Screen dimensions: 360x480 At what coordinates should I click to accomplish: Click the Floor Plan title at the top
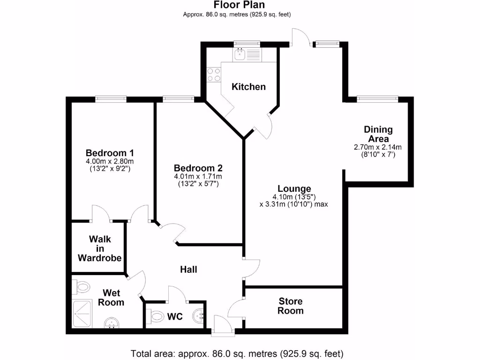tap(239, 5)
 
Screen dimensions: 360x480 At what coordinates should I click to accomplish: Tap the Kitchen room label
tap(248, 87)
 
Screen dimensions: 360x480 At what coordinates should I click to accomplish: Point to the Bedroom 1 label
tap(110, 153)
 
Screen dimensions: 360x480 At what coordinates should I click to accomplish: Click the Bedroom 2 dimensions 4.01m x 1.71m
tap(198, 176)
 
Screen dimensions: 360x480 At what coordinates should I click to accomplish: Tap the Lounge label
tap(293, 189)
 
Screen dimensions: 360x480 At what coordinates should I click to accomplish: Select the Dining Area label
tap(378, 134)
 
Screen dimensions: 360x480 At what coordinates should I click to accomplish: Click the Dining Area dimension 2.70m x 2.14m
tap(377, 147)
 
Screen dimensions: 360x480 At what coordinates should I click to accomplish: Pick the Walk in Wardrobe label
tap(99, 248)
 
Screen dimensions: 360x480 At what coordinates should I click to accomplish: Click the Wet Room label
tap(111, 298)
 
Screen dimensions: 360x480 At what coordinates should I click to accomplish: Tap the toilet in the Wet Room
tap(82, 285)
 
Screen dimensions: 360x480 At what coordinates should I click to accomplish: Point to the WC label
tap(175, 317)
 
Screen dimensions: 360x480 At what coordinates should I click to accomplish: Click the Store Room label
tap(290, 306)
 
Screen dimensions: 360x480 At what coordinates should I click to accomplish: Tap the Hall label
tap(188, 270)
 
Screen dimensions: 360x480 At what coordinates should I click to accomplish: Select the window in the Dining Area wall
tap(377, 98)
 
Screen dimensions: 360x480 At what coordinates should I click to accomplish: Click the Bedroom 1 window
tap(111, 98)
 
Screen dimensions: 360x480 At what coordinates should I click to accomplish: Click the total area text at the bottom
tap(237, 353)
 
